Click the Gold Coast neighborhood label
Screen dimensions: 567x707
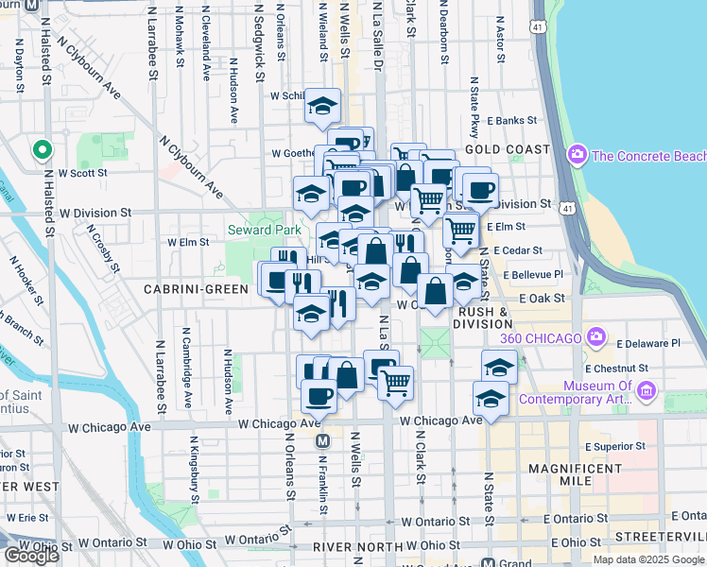[x=507, y=149]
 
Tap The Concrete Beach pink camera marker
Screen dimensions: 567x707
[x=578, y=155]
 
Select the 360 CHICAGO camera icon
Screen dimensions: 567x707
[x=595, y=336]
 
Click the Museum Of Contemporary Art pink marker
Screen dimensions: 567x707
[x=646, y=390]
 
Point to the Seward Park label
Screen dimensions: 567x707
[x=264, y=230]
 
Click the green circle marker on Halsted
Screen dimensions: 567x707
[x=42, y=149]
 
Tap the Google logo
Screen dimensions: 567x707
[x=31, y=556]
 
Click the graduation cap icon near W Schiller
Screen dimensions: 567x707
[x=322, y=106]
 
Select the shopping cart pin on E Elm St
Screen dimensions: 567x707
[x=460, y=229]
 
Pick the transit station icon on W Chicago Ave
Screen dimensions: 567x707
[x=322, y=441]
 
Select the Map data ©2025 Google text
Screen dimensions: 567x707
[x=649, y=559]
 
